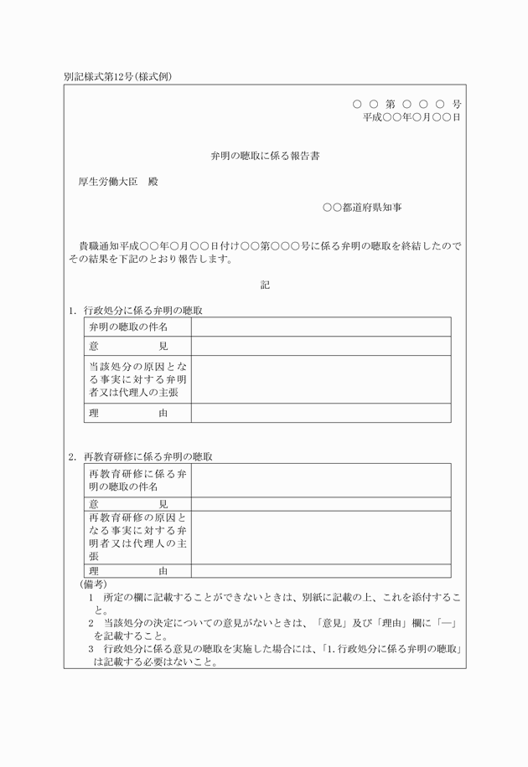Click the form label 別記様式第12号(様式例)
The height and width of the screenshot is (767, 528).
tap(116, 76)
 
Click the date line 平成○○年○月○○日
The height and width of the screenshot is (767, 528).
tap(411, 118)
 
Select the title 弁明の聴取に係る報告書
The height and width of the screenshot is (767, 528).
tap(265, 157)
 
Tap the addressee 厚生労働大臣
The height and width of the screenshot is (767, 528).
tap(106, 182)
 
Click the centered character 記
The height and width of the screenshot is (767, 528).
tap(265, 285)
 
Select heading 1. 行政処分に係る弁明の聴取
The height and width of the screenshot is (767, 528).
tap(137, 311)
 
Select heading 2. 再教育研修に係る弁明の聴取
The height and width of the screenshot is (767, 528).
tap(141, 456)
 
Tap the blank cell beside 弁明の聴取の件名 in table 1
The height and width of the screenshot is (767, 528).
tap(320, 327)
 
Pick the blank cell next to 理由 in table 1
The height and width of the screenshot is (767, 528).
tap(320, 413)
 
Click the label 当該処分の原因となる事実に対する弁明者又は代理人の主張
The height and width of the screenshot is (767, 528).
tap(137, 379)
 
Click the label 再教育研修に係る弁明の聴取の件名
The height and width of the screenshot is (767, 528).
tap(137, 480)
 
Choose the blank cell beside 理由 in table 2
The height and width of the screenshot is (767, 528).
tap(320, 571)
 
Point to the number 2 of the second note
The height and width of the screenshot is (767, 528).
tap(91, 623)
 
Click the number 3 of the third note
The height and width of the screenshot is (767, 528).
tap(91, 649)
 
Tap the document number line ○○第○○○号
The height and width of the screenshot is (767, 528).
tap(406, 105)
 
